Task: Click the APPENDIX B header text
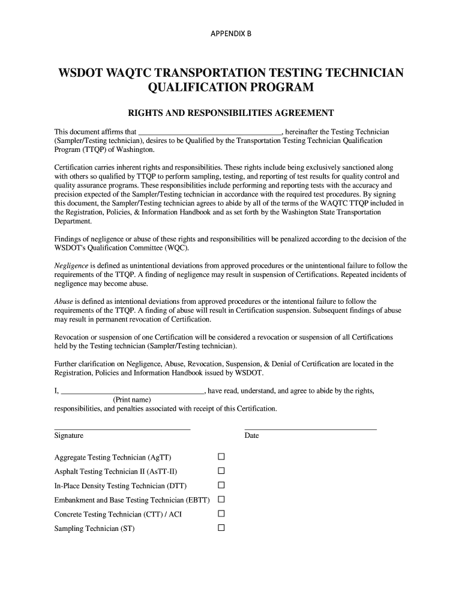coord(231,34)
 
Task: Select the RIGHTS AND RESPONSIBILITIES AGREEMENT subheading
coord(231,113)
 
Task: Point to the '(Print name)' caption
coord(132,400)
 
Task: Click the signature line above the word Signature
coord(122,429)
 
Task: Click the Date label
coord(251,435)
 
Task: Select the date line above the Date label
coord(311,429)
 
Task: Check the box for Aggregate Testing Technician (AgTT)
coord(221,456)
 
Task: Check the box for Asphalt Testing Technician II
coord(221,471)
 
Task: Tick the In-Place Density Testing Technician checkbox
coord(221,485)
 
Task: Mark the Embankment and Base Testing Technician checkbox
coord(221,500)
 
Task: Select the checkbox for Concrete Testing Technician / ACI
coord(221,514)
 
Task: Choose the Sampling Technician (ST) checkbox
coord(221,529)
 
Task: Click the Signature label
coord(69,435)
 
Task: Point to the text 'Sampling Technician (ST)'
coord(94,529)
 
